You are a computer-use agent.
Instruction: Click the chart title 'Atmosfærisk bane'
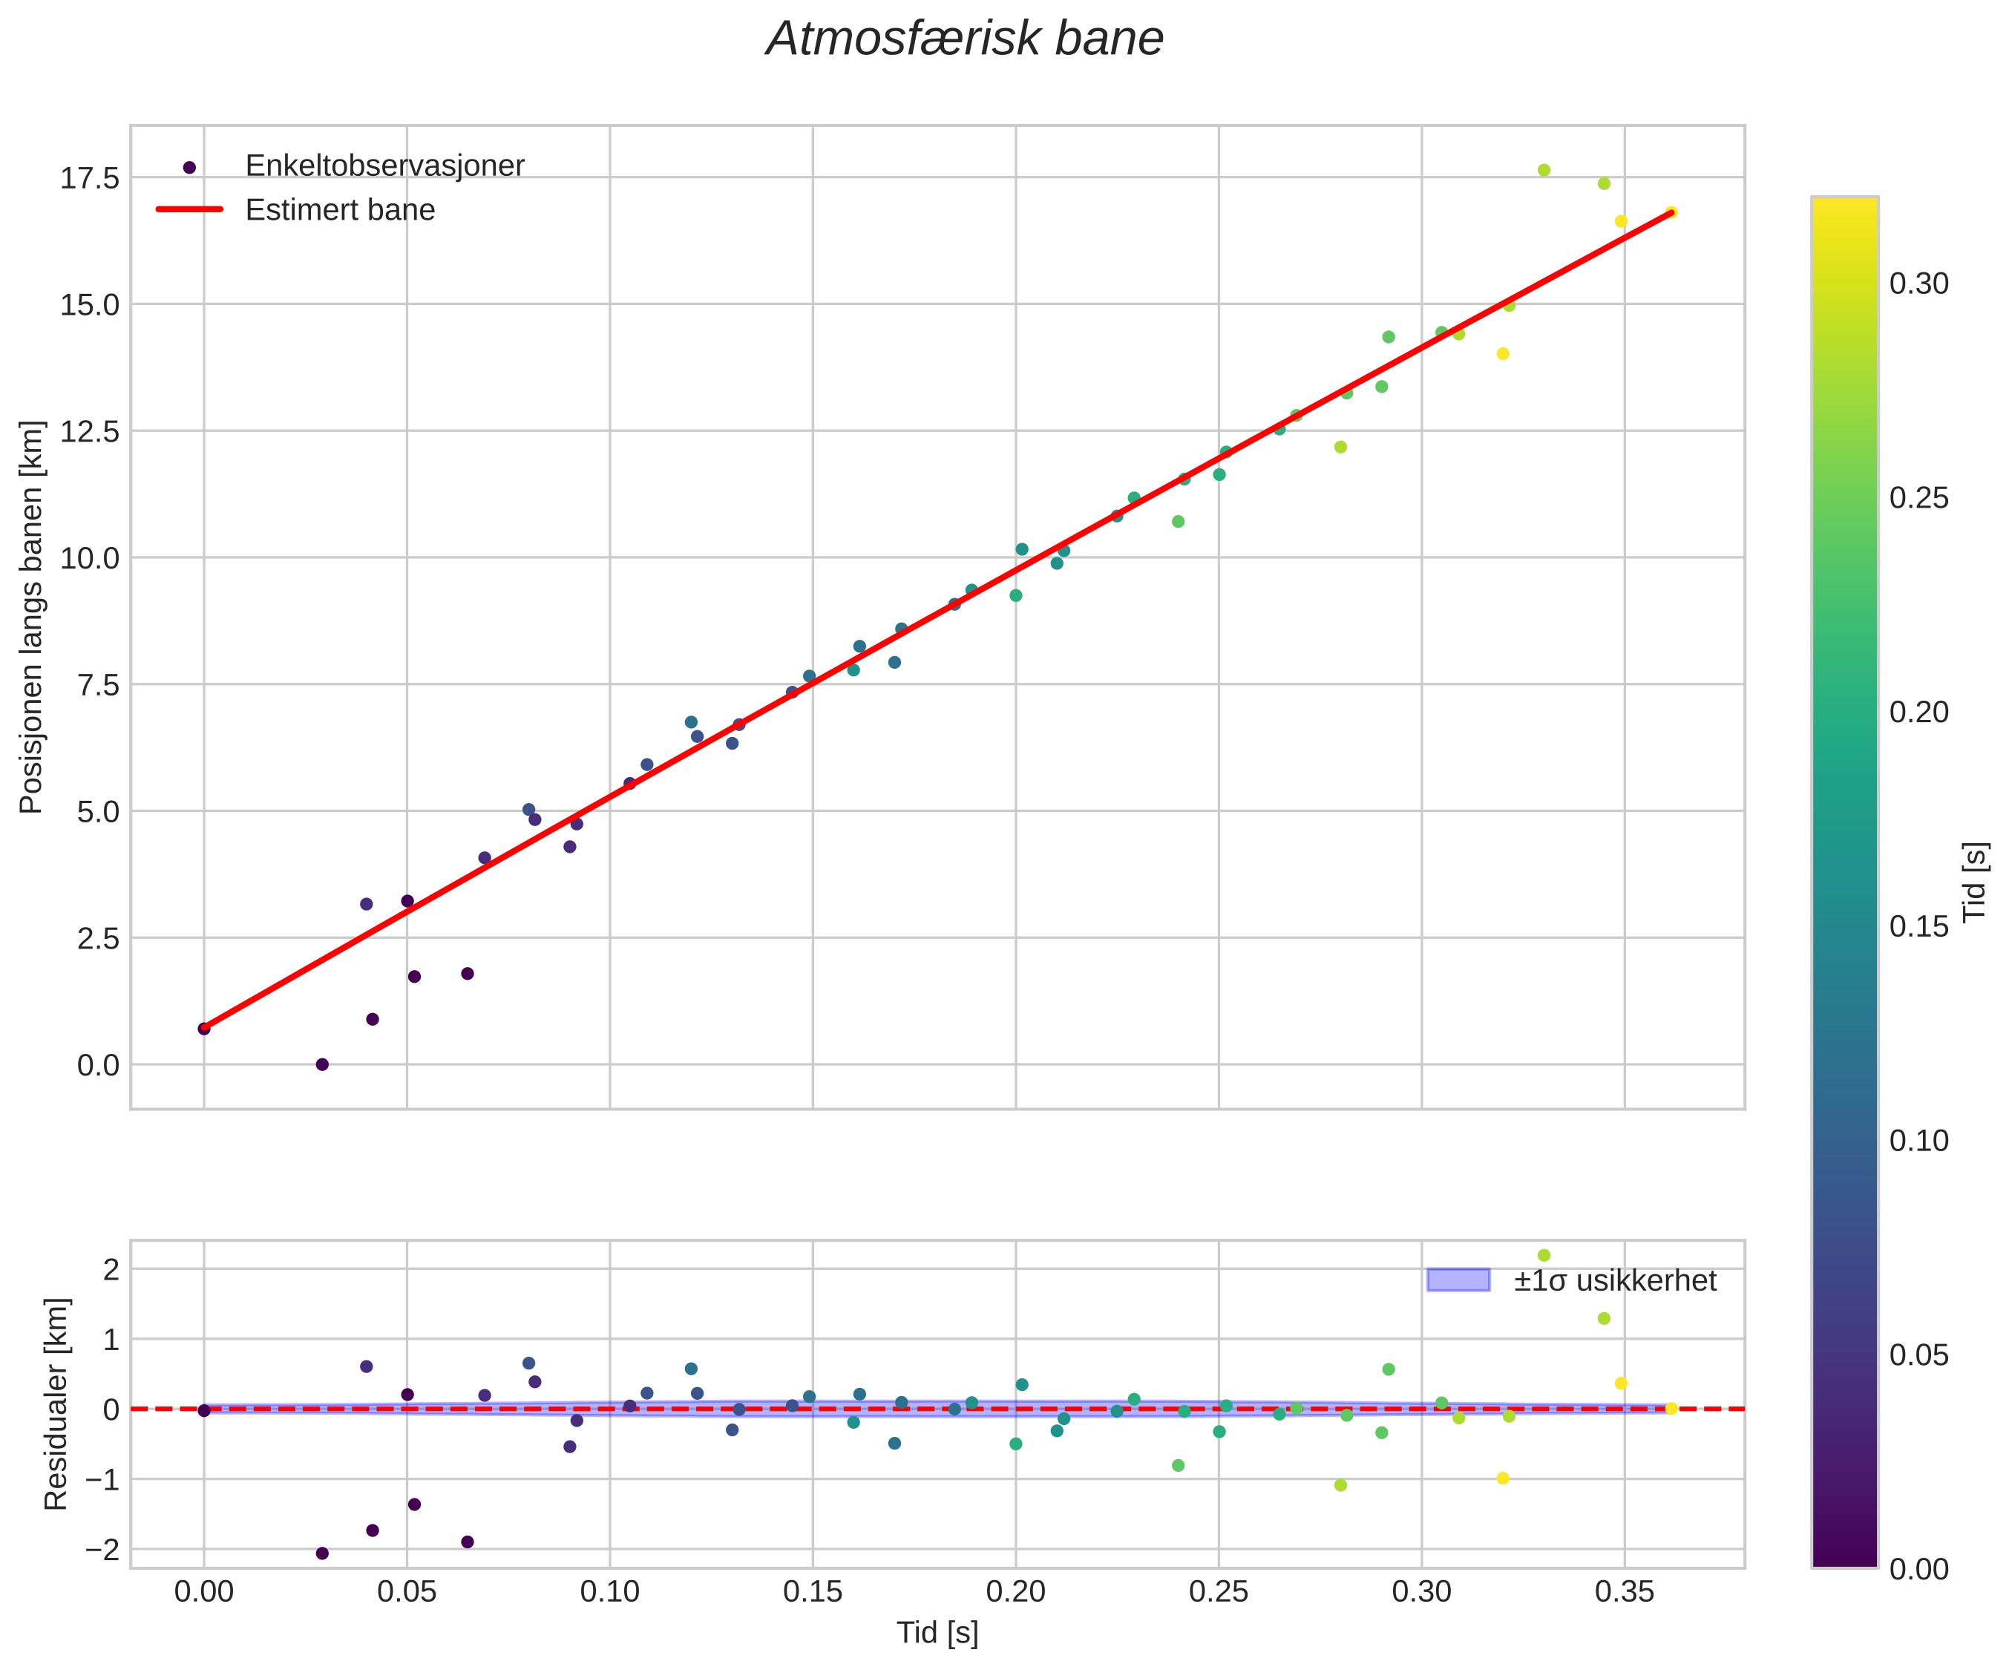(x=964, y=40)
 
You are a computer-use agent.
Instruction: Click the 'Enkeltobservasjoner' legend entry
(x=384, y=166)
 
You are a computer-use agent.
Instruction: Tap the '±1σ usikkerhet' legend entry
(x=1614, y=1280)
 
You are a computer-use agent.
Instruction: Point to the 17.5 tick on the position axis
(x=90, y=179)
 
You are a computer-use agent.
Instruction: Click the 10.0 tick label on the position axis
(x=90, y=559)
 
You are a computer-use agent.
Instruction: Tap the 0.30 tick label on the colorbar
(x=1918, y=284)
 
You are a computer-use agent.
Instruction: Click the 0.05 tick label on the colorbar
(x=1918, y=1355)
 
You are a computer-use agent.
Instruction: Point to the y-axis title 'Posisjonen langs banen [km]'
(x=32, y=618)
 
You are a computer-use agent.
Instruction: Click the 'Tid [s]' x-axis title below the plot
(x=937, y=1634)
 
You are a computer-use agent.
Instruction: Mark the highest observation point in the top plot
(x=1543, y=170)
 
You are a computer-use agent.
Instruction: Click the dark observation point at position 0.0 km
(x=322, y=1064)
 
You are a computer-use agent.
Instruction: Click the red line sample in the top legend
(x=189, y=209)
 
